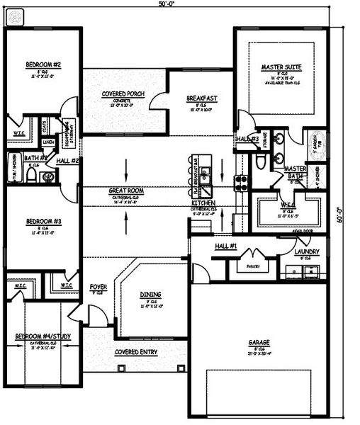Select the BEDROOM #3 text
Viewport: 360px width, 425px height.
pyautogui.click(x=43, y=221)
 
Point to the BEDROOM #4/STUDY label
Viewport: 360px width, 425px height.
pyautogui.click(x=43, y=338)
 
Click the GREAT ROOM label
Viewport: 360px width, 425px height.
pyautogui.click(x=127, y=191)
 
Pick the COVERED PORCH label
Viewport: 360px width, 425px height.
pyautogui.click(x=124, y=93)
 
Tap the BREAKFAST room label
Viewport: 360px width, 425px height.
pyautogui.click(x=201, y=98)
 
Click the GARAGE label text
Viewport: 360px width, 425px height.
pyautogui.click(x=259, y=341)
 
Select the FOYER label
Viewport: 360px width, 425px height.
pyautogui.click(x=99, y=287)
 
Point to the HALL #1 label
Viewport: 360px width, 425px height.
pyautogui.click(x=225, y=246)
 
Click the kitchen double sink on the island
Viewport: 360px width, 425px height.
pyautogui.click(x=205, y=174)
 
